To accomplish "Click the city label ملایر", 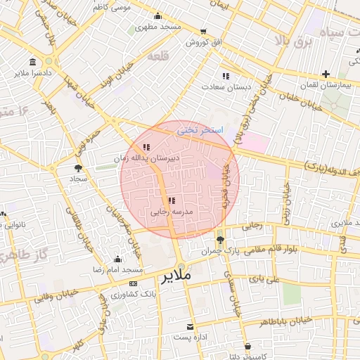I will (x=176, y=276).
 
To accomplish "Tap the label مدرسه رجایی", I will (x=167, y=211).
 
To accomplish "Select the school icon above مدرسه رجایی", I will (x=172, y=201).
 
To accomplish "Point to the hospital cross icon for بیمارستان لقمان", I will (x=326, y=74).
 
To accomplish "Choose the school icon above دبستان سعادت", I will (x=225, y=75).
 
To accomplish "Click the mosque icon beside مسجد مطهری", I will (x=157, y=16).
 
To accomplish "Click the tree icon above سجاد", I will (x=77, y=168).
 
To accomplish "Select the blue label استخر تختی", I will (x=200, y=130).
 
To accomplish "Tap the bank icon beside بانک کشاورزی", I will (x=134, y=283).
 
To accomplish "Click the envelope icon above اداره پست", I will (x=190, y=327).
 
